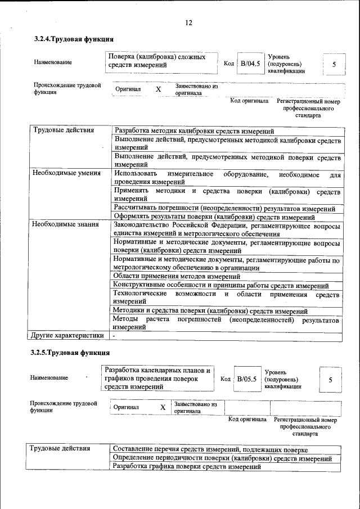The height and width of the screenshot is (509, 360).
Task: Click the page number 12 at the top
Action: pos(188,22)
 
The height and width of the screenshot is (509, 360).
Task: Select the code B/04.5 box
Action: pos(250,64)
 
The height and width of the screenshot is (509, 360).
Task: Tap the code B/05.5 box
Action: pos(246,379)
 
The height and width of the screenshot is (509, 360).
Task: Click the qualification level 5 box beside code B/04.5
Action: pos(334,64)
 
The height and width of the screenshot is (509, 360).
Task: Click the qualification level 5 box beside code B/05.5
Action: pos(330,380)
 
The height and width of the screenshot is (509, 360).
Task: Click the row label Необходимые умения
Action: pos(66,174)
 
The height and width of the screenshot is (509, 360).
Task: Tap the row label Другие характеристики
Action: pos(68,336)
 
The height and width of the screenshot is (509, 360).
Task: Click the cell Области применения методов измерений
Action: pos(177,276)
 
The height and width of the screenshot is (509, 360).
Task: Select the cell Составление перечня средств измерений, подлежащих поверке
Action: pos(210,449)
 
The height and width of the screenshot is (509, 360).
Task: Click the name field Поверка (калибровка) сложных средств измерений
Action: pos(162,61)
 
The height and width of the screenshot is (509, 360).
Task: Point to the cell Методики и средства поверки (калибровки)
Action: pos(210,311)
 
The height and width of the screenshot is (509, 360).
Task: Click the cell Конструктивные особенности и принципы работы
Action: pos(220,285)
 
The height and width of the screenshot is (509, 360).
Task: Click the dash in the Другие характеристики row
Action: pos(114,336)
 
